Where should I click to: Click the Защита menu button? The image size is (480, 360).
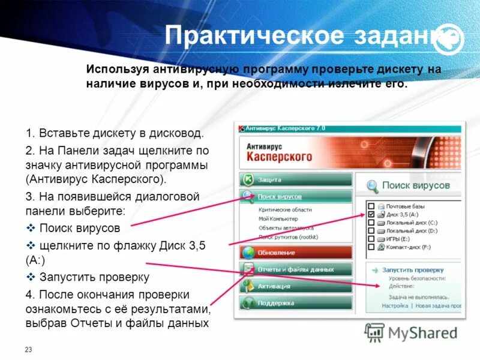[x=295, y=179]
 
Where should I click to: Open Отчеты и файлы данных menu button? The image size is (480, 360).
[x=295, y=269]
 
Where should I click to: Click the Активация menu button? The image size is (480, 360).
[x=295, y=286]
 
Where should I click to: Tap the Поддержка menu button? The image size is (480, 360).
[x=295, y=303]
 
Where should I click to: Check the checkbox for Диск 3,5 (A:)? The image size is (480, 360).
[x=371, y=214]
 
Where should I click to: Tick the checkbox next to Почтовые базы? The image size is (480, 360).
[x=371, y=206]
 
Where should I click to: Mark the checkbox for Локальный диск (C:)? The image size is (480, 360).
[x=371, y=222]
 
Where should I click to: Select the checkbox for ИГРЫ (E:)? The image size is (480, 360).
[x=371, y=238]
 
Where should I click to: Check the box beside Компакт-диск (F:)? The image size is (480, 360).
[x=371, y=247]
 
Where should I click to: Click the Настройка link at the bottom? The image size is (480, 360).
[x=395, y=305]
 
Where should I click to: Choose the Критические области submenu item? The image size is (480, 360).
[x=285, y=210]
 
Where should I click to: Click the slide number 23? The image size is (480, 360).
[x=28, y=349]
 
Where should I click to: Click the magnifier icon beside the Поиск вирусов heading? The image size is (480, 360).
[x=373, y=186]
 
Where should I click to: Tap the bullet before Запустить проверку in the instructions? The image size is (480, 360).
[x=31, y=277]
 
